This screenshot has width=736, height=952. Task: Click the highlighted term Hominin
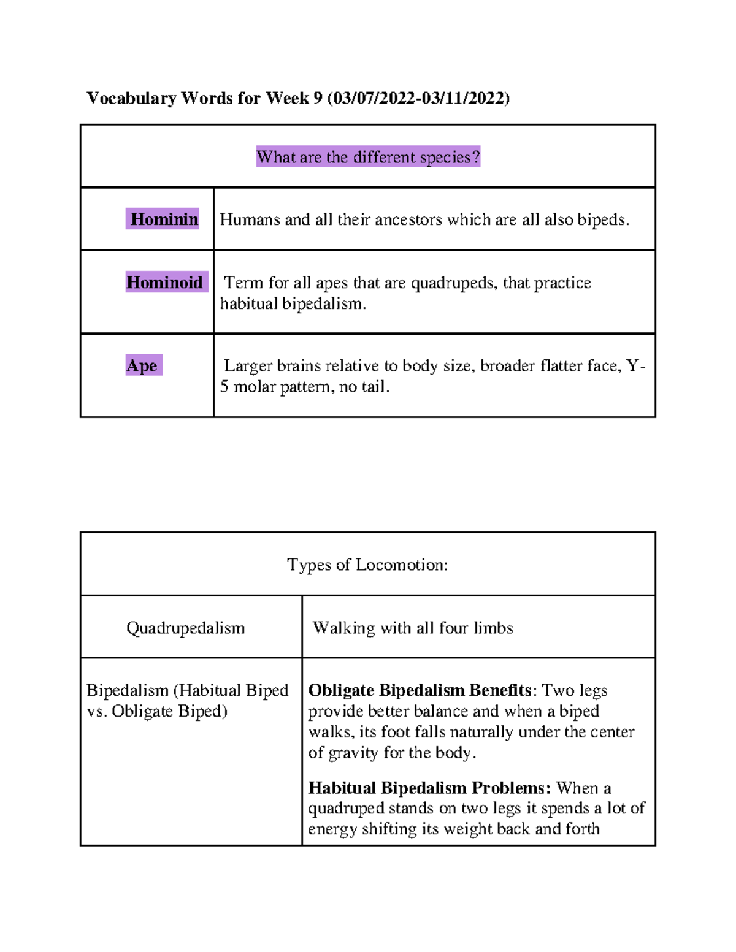click(164, 219)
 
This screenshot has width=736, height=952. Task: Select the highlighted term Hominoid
click(164, 282)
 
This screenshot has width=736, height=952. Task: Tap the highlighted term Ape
click(142, 365)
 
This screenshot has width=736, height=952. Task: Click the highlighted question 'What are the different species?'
click(368, 157)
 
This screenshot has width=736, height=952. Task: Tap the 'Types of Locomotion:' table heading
click(367, 565)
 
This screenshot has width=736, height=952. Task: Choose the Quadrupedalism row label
click(185, 628)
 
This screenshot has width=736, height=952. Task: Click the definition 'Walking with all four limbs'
click(413, 628)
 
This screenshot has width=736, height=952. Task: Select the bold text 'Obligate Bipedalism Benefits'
click(420, 690)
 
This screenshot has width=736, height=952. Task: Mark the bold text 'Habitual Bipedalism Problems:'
click(429, 788)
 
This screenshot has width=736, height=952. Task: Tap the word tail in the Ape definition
click(375, 387)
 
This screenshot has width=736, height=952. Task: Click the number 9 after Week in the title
click(318, 98)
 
